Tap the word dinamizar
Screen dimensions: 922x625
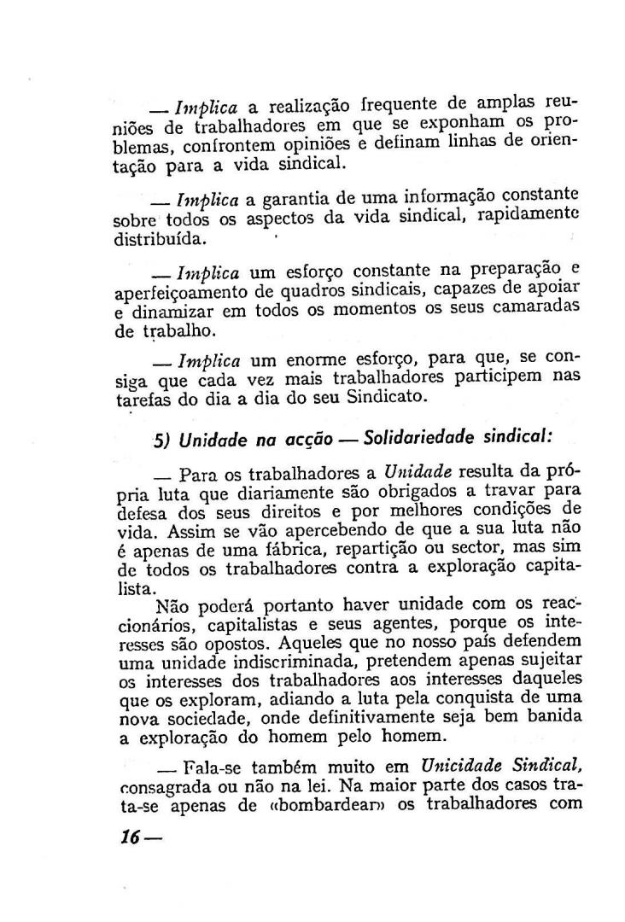[169, 311]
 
